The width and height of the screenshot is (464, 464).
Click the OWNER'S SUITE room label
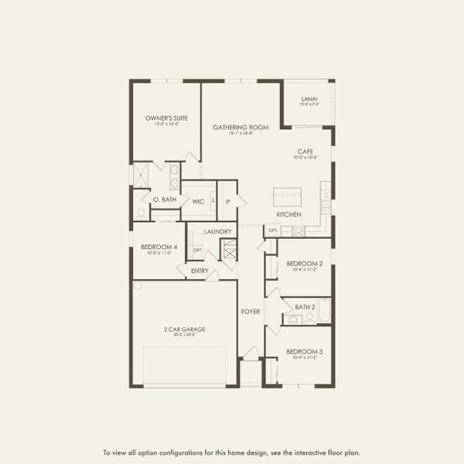point(166,118)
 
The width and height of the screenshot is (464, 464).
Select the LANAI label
point(309,99)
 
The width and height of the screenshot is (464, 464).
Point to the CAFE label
point(305,152)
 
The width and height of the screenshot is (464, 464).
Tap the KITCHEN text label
point(288,214)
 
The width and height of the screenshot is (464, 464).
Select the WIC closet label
point(198,201)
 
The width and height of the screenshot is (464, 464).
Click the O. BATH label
point(165,200)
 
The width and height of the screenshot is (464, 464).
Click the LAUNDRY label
point(218,231)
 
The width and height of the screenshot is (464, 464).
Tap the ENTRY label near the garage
point(200,271)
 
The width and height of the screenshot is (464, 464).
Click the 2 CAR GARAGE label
point(179,330)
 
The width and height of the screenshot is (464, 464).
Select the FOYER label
point(251,312)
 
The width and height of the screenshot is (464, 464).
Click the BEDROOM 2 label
point(303,264)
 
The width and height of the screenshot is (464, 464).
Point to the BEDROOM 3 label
point(303,352)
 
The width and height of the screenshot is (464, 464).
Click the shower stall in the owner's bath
point(141,175)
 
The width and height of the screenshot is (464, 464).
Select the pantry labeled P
point(228,201)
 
